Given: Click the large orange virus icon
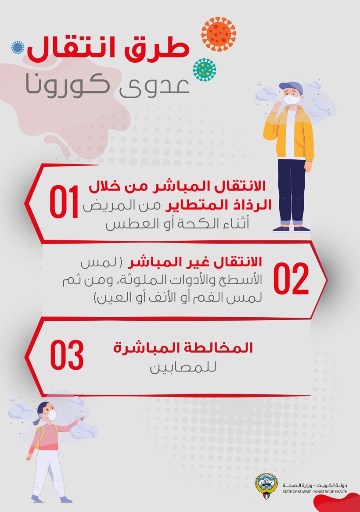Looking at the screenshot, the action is pyautogui.click(x=219, y=34).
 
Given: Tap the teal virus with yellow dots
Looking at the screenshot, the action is pyautogui.click(x=205, y=70).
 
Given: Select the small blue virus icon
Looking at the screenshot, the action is pyautogui.click(x=18, y=47).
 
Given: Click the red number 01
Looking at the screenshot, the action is pyautogui.click(x=64, y=201).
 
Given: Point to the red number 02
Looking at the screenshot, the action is pyautogui.click(x=291, y=279).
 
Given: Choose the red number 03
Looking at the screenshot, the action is pyautogui.click(x=67, y=355).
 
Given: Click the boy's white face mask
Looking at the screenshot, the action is pyautogui.click(x=292, y=100).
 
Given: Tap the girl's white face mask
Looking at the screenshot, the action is pyautogui.click(x=52, y=415).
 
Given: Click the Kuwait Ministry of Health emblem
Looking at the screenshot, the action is pyautogui.click(x=266, y=486).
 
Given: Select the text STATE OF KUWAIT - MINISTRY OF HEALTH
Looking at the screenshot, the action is pyautogui.click(x=315, y=491).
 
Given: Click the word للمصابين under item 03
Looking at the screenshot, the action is pyautogui.click(x=183, y=367).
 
